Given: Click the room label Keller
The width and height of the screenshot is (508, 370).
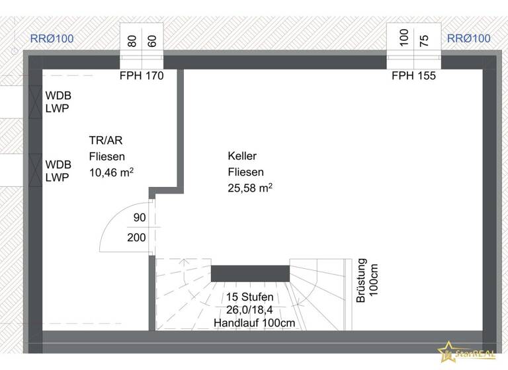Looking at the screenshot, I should tap(242, 156).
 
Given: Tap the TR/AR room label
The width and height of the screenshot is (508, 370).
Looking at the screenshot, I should tap(106, 140).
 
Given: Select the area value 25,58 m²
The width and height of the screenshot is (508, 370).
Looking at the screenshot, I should tap(250, 188).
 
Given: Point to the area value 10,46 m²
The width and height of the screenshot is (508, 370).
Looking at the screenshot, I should tap(111, 172).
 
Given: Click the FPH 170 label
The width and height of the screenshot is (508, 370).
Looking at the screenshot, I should tap(142, 76).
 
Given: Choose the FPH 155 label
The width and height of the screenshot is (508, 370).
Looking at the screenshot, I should tap(413, 76).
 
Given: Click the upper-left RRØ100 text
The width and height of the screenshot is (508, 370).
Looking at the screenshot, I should tap(52, 38).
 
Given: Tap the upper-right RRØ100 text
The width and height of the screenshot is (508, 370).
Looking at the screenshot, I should tap(469, 38).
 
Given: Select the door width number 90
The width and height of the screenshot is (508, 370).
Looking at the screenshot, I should tap(140, 218).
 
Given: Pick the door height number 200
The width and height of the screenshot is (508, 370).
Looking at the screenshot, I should tap(137, 238).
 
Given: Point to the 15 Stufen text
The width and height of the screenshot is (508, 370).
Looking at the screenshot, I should tap(249, 297).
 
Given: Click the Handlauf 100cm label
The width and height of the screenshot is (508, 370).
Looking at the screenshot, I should tap(254, 323).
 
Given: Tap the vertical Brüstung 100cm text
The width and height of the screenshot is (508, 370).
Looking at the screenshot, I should tap(368, 280).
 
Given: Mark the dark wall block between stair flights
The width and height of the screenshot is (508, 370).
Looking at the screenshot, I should tap(250, 273).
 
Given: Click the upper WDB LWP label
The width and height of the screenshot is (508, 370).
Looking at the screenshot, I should tap(58, 102).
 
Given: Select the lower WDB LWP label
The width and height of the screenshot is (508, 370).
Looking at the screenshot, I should tap(58, 170).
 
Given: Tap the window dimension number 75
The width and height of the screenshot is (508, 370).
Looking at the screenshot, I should tap(425, 40).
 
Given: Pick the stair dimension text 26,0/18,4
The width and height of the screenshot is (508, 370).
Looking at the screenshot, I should tap(249, 310).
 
